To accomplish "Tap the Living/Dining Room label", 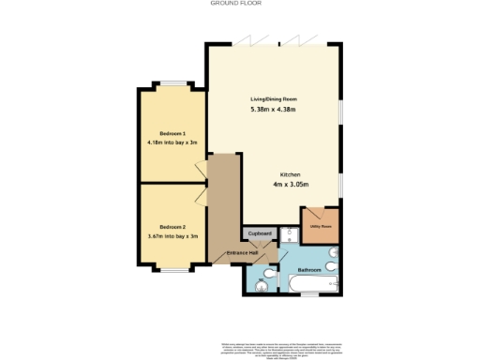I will click(x=273, y=98).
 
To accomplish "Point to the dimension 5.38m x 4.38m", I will click(x=273, y=111).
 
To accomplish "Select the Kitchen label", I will click(x=289, y=173).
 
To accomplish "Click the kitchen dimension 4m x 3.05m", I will click(x=289, y=185).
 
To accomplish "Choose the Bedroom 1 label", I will click(x=172, y=132).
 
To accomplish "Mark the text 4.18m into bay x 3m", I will click(x=172, y=142).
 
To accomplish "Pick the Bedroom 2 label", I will click(x=172, y=227).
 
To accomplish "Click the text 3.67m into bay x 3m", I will click(x=172, y=237).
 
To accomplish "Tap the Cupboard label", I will click(x=260, y=232).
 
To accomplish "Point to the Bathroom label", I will click(x=309, y=270).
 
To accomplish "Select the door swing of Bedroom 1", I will click(x=201, y=170).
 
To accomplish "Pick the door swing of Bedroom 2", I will click(x=201, y=195).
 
